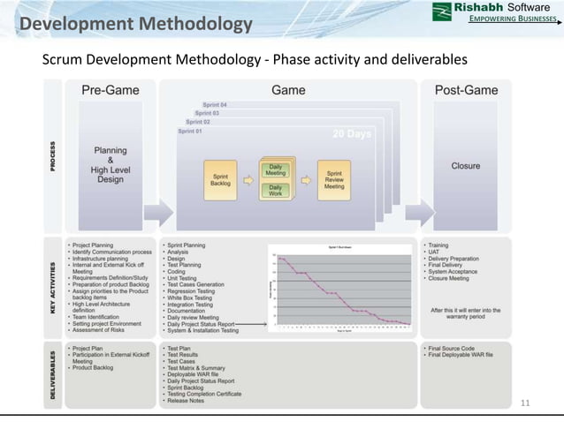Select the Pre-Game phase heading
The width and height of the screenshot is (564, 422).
click(110, 90)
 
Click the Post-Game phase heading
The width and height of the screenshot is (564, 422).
click(466, 90)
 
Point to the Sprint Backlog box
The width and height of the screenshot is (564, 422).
click(221, 179)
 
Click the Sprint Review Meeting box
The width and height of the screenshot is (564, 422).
click(334, 179)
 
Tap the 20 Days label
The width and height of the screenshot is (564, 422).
click(352, 134)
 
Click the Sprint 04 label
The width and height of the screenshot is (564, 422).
click(215, 104)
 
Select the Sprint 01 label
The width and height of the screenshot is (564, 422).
click(190, 131)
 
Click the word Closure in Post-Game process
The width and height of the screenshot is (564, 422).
click(466, 165)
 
